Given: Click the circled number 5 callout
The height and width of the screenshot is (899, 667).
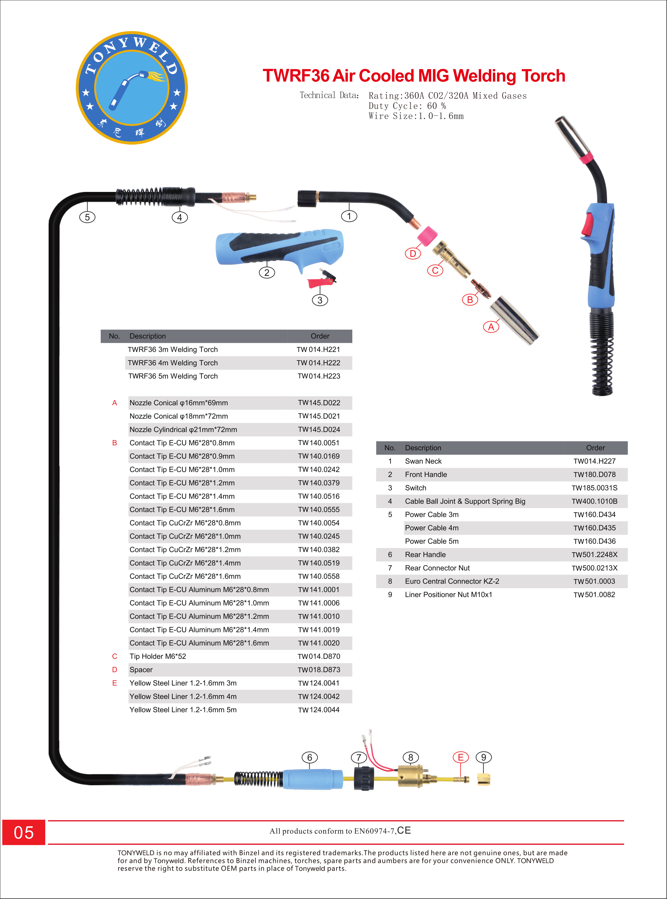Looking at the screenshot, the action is click(x=87, y=217).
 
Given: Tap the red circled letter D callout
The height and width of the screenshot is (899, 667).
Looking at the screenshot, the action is click(x=413, y=254).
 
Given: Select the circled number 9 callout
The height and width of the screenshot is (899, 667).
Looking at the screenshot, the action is click(x=484, y=757).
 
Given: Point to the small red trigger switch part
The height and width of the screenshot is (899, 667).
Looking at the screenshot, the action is click(x=322, y=279).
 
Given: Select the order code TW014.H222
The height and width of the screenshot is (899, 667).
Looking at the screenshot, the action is click(x=319, y=363).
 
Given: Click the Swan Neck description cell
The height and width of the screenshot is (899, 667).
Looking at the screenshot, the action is click(x=423, y=461).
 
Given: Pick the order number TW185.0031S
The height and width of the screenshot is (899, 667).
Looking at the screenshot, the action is click(x=594, y=488).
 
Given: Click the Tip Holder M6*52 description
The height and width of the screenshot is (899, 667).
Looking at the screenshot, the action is click(x=158, y=656).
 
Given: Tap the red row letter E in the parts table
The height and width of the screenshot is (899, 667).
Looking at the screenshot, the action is click(x=115, y=683).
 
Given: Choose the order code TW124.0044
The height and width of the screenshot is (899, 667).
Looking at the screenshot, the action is click(x=319, y=710).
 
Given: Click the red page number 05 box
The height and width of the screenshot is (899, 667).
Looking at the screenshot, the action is click(x=24, y=832).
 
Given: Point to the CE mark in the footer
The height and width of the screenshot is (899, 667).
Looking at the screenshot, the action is click(x=404, y=830).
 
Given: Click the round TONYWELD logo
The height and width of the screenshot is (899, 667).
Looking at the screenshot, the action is click(x=132, y=88).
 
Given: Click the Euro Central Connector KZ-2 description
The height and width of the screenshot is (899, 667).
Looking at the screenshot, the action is click(x=452, y=581).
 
